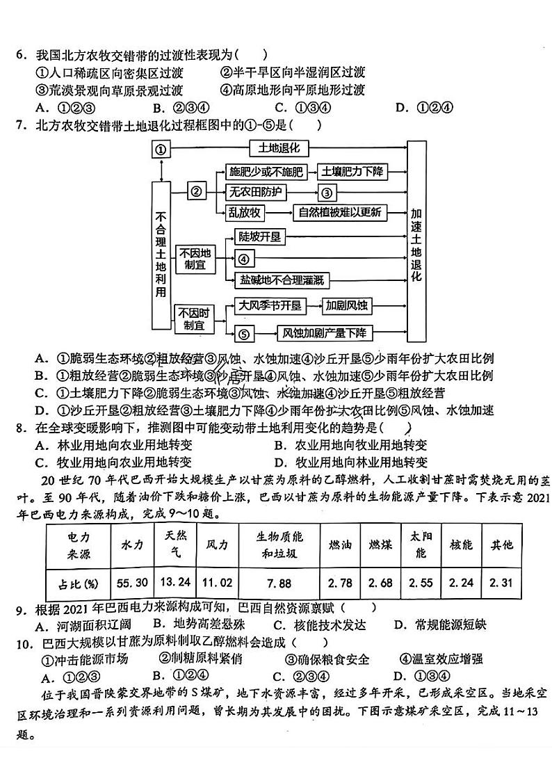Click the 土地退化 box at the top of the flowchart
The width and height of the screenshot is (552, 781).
coord(278,148)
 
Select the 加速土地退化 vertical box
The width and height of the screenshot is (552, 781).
coord(416,234)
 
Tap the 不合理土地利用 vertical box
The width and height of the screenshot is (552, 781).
coord(161,254)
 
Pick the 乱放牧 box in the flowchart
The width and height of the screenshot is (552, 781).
coord(245,213)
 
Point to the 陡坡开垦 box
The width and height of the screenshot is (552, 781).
coord(259,237)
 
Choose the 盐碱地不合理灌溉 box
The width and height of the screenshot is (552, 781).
coord(281,280)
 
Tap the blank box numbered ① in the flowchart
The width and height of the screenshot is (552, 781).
coord(161,150)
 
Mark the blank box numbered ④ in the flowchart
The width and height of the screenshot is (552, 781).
coord(243,259)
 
